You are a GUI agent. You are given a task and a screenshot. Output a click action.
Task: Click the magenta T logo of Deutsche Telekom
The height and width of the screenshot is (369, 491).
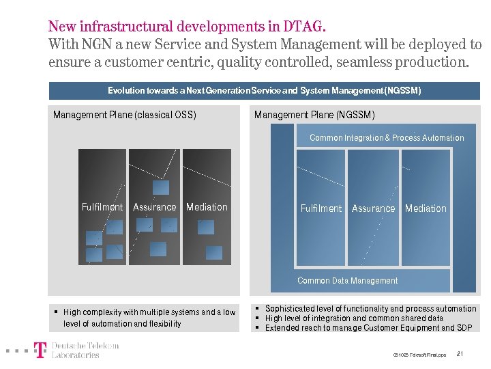tap(41, 350)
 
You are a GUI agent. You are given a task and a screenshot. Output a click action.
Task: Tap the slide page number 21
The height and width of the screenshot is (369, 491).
tap(460, 354)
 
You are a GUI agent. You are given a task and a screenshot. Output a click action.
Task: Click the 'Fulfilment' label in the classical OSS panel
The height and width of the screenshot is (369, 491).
tap(102, 207)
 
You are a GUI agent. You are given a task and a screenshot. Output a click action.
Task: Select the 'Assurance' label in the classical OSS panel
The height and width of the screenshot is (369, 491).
tap(154, 207)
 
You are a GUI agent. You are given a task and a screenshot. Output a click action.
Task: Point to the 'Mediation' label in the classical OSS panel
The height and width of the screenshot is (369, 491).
tap(207, 207)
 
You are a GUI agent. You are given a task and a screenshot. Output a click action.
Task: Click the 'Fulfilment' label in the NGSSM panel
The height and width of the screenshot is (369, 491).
tap(321, 208)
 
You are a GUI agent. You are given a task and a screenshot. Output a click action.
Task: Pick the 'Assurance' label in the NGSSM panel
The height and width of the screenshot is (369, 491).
tap(373, 208)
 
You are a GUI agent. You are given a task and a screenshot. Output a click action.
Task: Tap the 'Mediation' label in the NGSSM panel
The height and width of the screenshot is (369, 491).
tap(426, 208)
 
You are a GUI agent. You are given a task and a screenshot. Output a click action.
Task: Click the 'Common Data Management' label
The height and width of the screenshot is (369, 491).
tap(347, 281)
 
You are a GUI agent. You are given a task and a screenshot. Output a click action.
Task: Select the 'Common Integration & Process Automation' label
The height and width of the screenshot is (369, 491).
tap(387, 138)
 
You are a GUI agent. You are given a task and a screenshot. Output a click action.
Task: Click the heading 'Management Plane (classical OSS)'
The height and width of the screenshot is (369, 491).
tap(125, 115)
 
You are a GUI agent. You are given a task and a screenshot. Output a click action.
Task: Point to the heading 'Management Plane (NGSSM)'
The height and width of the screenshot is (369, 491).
tap(314, 115)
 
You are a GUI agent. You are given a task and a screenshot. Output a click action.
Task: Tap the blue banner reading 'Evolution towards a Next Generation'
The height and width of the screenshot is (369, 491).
tap(265, 90)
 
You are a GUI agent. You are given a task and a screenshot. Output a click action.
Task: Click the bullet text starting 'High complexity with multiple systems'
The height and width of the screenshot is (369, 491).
tap(149, 318)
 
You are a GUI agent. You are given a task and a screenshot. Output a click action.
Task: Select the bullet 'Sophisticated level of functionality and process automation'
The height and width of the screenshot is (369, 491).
tap(370, 309)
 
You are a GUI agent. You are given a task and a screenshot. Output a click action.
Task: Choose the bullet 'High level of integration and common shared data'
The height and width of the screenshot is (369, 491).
tap(354, 318)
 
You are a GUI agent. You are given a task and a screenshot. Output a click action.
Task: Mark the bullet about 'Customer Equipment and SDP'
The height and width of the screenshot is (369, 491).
tap(369, 328)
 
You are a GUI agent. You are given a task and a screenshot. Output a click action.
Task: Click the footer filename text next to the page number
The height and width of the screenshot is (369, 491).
tap(419, 355)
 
